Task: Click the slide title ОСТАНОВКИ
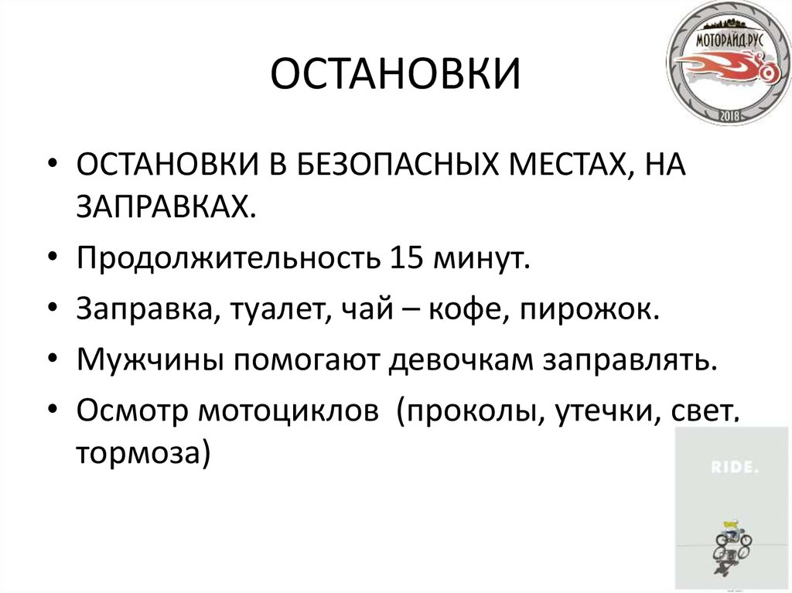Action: pos(395,77)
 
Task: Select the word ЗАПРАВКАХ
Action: pos(166,205)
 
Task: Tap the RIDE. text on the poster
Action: pos(730,468)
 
